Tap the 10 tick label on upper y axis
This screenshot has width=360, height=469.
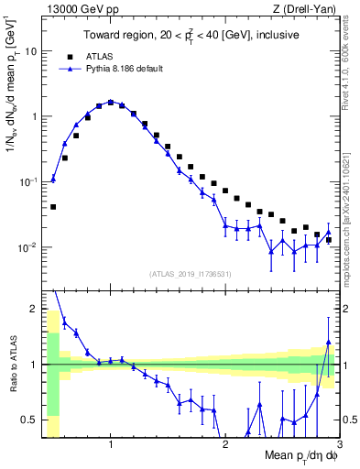coord(31,51)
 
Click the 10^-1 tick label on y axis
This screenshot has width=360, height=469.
coord(27,181)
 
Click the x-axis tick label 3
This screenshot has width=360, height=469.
coord(338,444)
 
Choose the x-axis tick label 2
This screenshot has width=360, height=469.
coord(225,444)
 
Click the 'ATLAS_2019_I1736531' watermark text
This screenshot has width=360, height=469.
coord(191,274)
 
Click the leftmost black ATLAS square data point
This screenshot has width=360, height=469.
coord(53,207)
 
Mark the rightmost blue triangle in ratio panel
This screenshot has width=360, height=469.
coord(328,342)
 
